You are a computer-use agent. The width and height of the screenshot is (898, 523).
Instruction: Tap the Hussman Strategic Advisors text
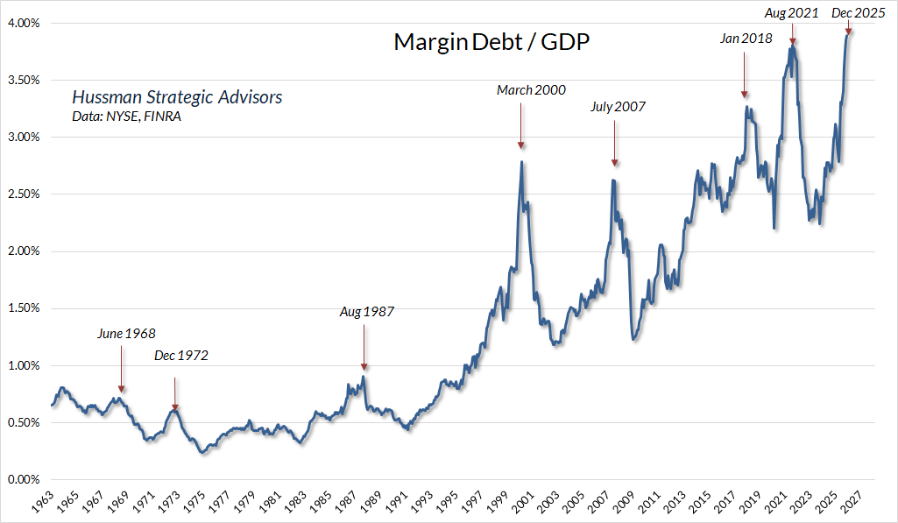tap(177, 97)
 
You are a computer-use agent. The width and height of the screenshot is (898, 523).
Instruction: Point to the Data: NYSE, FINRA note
tap(126, 117)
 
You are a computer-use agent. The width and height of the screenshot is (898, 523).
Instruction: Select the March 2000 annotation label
tap(531, 90)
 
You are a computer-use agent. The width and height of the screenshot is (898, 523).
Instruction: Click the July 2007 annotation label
tap(618, 108)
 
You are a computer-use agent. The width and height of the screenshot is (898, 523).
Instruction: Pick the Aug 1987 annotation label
tap(367, 312)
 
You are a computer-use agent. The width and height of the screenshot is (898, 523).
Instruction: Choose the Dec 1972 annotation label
tap(180, 356)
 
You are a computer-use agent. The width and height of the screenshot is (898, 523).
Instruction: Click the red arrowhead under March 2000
tap(520, 145)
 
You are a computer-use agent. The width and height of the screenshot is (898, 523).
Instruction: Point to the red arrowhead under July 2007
tap(614, 162)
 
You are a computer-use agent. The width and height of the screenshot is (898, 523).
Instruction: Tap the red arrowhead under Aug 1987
tap(364, 367)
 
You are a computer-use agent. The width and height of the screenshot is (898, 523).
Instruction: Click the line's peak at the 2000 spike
tap(522, 161)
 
